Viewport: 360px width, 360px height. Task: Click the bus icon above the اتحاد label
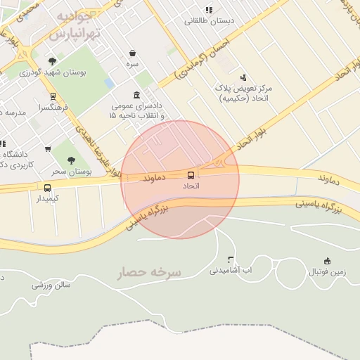pos(191,174)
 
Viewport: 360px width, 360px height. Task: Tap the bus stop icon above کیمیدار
pos(47,188)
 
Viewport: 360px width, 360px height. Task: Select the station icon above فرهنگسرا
pos(53,96)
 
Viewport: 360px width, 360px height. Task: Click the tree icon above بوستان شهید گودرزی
pos(52,62)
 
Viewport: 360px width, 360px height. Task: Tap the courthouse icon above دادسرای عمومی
pos(136,96)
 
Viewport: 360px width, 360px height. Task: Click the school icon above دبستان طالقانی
pos(208,10)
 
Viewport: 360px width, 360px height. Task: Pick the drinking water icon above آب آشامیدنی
pos(231,259)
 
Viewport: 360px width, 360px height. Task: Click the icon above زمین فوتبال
pos(326,261)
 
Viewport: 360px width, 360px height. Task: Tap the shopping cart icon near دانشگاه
pos(48,148)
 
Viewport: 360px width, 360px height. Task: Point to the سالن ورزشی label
pos(51,285)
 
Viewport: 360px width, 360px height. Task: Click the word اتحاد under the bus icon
pos(191,186)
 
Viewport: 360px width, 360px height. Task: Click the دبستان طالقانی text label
pos(210,21)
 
